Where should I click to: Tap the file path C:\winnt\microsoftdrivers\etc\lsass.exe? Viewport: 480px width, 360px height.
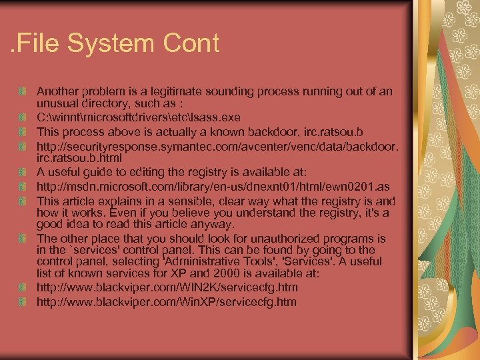pos(138,117)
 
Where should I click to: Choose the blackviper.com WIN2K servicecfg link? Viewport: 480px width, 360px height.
pos(167,288)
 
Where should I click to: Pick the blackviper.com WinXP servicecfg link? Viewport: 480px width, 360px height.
pos(167,303)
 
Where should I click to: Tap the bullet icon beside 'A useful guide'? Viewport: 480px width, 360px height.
pos(23,173)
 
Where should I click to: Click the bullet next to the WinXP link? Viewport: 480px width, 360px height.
pos(23,303)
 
